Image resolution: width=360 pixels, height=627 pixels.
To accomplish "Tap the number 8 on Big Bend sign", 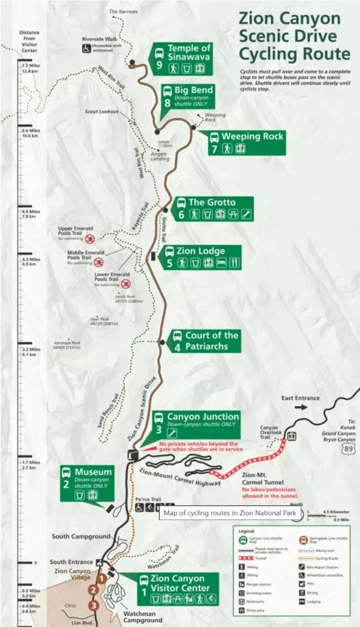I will point(167,103).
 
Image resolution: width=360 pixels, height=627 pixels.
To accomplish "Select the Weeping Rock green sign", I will point(246,142).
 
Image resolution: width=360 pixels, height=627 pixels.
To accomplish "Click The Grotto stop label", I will point(211,208).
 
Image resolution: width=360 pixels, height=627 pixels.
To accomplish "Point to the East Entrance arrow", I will point(301,406).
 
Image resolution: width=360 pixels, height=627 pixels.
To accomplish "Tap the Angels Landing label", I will point(160,153).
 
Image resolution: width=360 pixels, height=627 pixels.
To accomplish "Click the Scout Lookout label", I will point(101,111).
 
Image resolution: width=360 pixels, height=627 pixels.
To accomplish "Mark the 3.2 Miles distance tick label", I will point(30,350).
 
